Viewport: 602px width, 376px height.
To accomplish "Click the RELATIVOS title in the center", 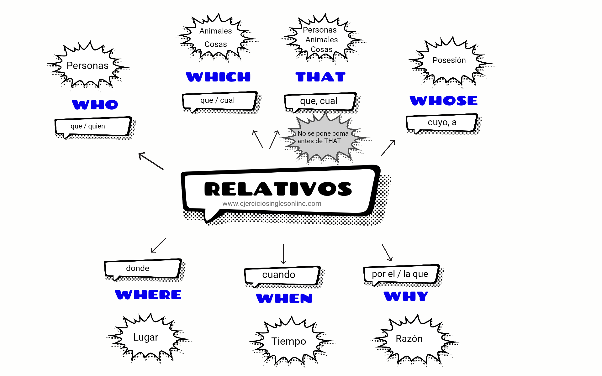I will pos(278,189).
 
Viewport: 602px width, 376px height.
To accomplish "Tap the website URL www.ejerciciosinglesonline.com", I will pos(272,204).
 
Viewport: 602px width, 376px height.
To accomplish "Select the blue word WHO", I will pos(95,105).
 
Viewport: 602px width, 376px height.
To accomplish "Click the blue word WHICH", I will pos(218,77).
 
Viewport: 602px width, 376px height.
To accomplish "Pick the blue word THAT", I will pos(320,77).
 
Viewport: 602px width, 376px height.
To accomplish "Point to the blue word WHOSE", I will pos(443,101).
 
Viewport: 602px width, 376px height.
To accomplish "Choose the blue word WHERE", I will pos(148,295).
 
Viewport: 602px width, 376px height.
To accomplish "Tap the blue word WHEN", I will pos(284,298).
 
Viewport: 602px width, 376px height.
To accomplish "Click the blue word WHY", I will pos(406,296).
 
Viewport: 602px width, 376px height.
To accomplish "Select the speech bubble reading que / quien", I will pos(92,127).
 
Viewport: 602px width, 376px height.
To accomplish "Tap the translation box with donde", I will pos(143,269).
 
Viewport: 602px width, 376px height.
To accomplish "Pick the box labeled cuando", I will pos(282,275).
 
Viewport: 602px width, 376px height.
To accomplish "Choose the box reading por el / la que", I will pos(400,274).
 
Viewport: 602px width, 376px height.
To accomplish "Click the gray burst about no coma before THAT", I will pos(323,138).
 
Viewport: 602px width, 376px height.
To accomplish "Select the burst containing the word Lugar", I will pos(146,337).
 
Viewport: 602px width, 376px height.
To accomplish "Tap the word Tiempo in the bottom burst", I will pos(288,341).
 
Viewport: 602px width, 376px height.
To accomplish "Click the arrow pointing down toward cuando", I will pos(283,254).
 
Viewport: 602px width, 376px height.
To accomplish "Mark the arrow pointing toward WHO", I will pos(151,161).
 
